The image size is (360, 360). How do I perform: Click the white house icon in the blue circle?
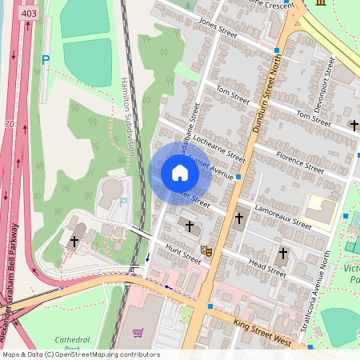point(180,173)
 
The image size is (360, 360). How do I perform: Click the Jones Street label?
point(218,30)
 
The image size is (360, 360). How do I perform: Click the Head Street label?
point(267,266)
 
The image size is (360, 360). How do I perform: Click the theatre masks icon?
point(206,250)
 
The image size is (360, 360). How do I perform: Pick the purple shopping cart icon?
point(138,332)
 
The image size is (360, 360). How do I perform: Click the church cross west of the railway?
point(74,240)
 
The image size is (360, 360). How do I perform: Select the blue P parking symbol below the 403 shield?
point(46,60)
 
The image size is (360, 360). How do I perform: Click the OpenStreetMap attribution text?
point(80,354)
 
